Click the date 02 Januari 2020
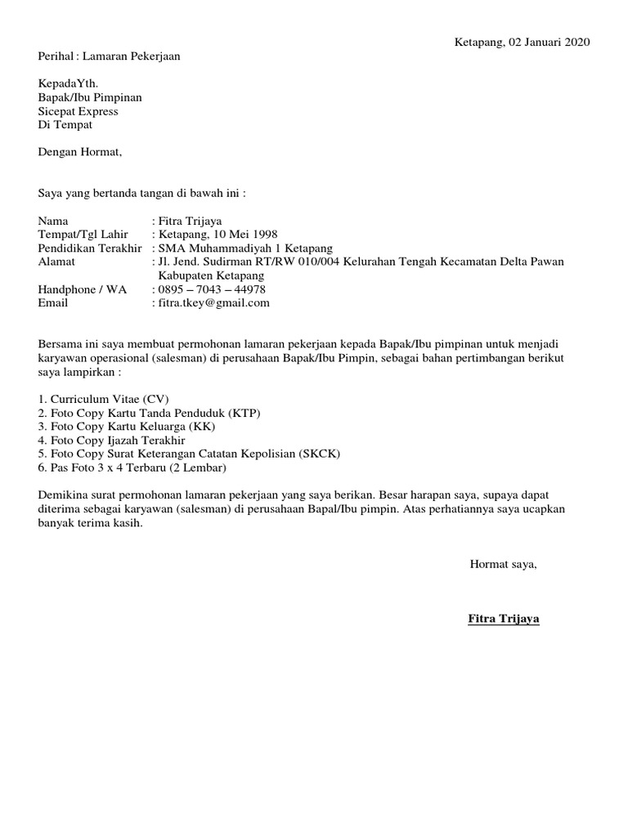coord(549,43)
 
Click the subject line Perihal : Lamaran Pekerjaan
coord(110,56)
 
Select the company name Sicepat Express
coord(78,111)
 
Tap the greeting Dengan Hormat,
coord(80,152)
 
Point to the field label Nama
coord(54,222)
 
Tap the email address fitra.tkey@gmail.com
coord(213,303)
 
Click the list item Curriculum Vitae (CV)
coord(104,399)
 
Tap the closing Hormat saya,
coord(503,564)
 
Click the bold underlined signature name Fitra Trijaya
coord(503,620)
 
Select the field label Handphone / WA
coord(83,289)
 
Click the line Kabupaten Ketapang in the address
coord(211,276)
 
